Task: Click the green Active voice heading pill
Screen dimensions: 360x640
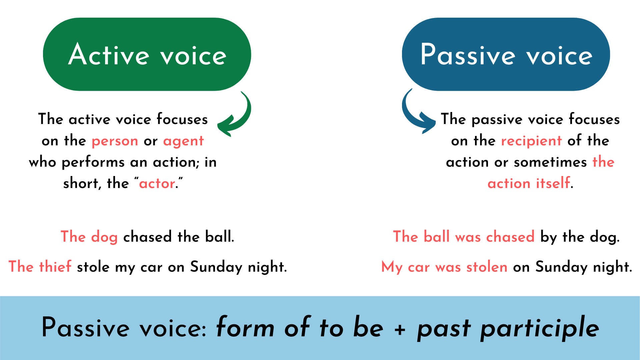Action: click(147, 54)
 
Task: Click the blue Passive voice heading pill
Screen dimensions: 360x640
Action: click(506, 54)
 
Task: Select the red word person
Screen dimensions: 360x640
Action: click(115, 141)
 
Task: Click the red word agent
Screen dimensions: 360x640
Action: click(183, 141)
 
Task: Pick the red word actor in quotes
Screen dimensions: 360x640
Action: click(157, 184)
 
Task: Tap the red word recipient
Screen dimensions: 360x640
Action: click(531, 141)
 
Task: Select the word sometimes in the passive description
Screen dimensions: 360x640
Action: click(550, 162)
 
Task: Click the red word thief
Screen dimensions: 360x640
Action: click(55, 267)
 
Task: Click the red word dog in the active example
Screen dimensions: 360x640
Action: click(104, 237)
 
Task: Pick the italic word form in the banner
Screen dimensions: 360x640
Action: click(245, 328)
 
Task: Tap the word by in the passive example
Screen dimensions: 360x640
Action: click(548, 237)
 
